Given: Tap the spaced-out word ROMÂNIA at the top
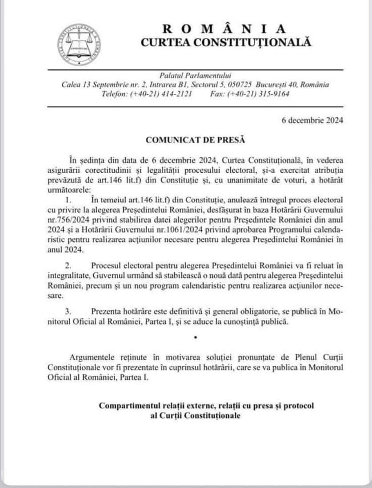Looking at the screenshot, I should pyautogui.click(x=225, y=29).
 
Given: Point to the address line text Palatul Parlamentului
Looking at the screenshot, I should pyautogui.click(x=196, y=76).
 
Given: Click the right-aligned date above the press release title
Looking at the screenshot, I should pyautogui.click(x=312, y=120).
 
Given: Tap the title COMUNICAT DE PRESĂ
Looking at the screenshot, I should pyautogui.click(x=196, y=139).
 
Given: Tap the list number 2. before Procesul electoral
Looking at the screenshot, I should pyautogui.click(x=68, y=266).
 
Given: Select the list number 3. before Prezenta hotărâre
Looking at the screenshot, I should pyautogui.click(x=68, y=311).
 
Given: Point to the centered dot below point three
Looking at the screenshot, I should pyautogui.click(x=195, y=338).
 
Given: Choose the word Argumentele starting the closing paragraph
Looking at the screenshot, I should pyautogui.click(x=92, y=357).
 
